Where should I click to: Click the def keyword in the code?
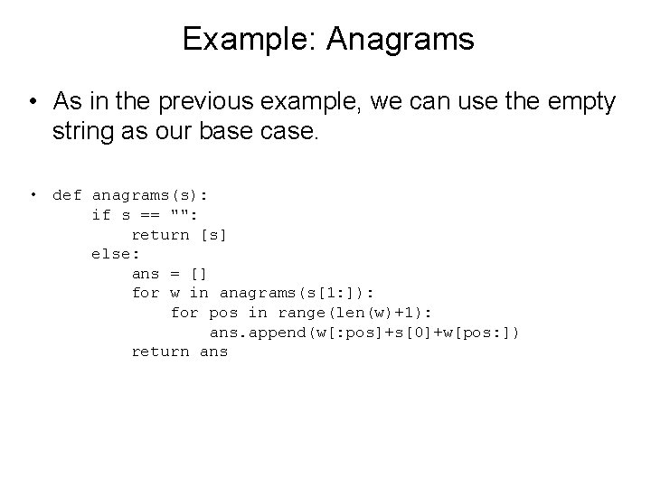(x=67, y=195)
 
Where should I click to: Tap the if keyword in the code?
(x=101, y=215)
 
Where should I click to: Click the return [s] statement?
(x=179, y=235)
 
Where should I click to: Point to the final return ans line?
(x=179, y=352)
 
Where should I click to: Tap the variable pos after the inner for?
(x=223, y=313)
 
